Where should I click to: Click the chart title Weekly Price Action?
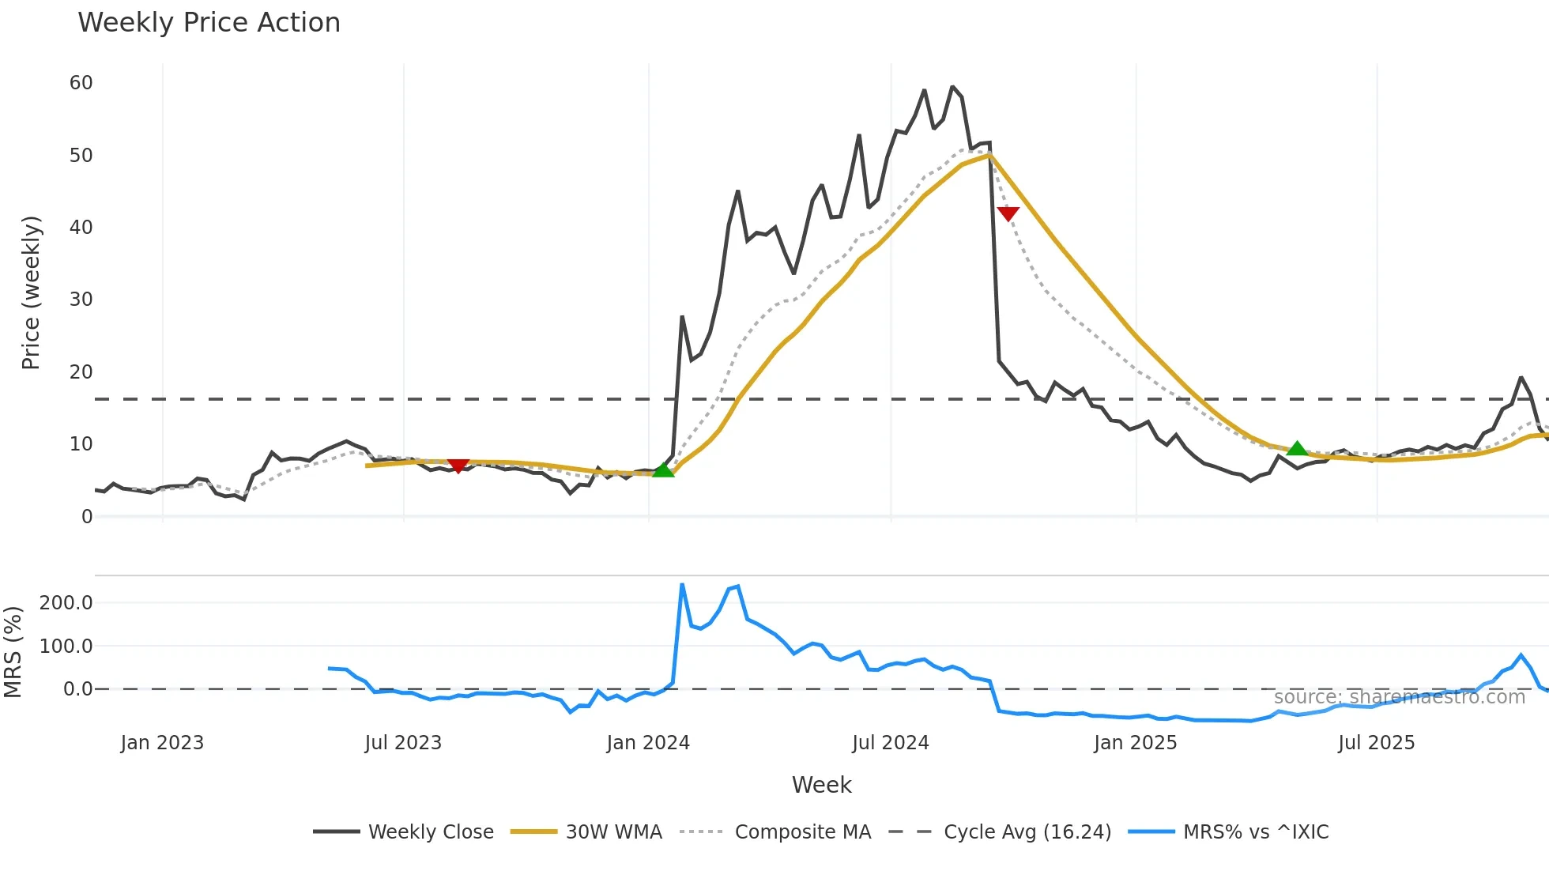tap(209, 23)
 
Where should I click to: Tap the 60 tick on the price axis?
tap(81, 83)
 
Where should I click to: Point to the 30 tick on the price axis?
tap(81, 300)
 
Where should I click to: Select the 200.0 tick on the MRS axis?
tap(66, 603)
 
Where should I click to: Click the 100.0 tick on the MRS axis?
tap(66, 647)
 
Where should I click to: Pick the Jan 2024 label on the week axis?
tap(648, 743)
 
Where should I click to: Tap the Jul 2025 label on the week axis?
tap(1376, 743)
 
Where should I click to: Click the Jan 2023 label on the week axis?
tap(162, 743)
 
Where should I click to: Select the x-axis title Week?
tap(821, 785)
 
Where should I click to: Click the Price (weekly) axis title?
tap(31, 292)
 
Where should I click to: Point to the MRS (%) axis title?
tap(13, 652)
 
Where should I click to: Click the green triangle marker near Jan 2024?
tap(663, 470)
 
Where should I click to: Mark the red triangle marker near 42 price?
tap(1008, 213)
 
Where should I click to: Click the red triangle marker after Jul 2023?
tap(458, 466)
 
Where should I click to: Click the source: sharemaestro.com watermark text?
tap(1399, 697)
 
